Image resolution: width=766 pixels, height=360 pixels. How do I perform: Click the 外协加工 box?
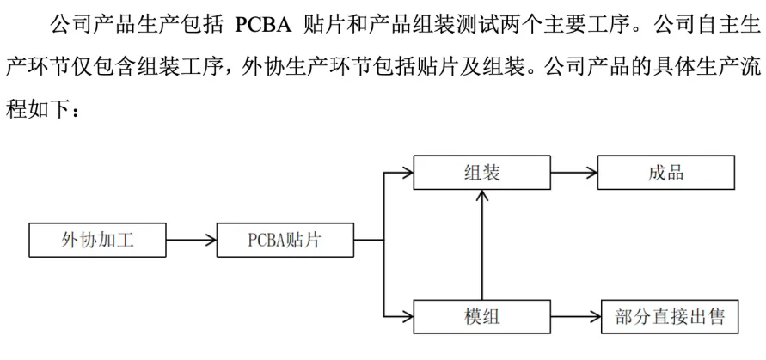pyautogui.click(x=97, y=241)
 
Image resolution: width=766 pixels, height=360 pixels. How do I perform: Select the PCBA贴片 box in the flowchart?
pyautogui.click(x=285, y=241)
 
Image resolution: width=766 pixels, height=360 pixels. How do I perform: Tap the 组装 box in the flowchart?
pyautogui.click(x=481, y=173)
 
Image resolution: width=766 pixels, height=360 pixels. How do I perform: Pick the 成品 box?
pyautogui.click(x=666, y=173)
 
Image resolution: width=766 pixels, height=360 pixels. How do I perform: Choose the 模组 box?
pyautogui.click(x=481, y=317)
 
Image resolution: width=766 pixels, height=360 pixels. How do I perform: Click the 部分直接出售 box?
pyautogui.click(x=666, y=317)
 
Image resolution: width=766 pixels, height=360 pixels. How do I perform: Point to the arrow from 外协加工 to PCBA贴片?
pyautogui.click(x=190, y=241)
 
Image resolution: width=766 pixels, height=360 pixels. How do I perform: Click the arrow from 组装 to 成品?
pyautogui.click(x=573, y=173)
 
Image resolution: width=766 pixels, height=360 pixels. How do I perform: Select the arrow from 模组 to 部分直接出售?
pyautogui.click(x=573, y=317)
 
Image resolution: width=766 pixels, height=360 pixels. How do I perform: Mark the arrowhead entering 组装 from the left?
pyautogui.click(x=406, y=173)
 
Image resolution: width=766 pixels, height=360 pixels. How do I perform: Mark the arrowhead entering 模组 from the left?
pyautogui.click(x=406, y=317)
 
